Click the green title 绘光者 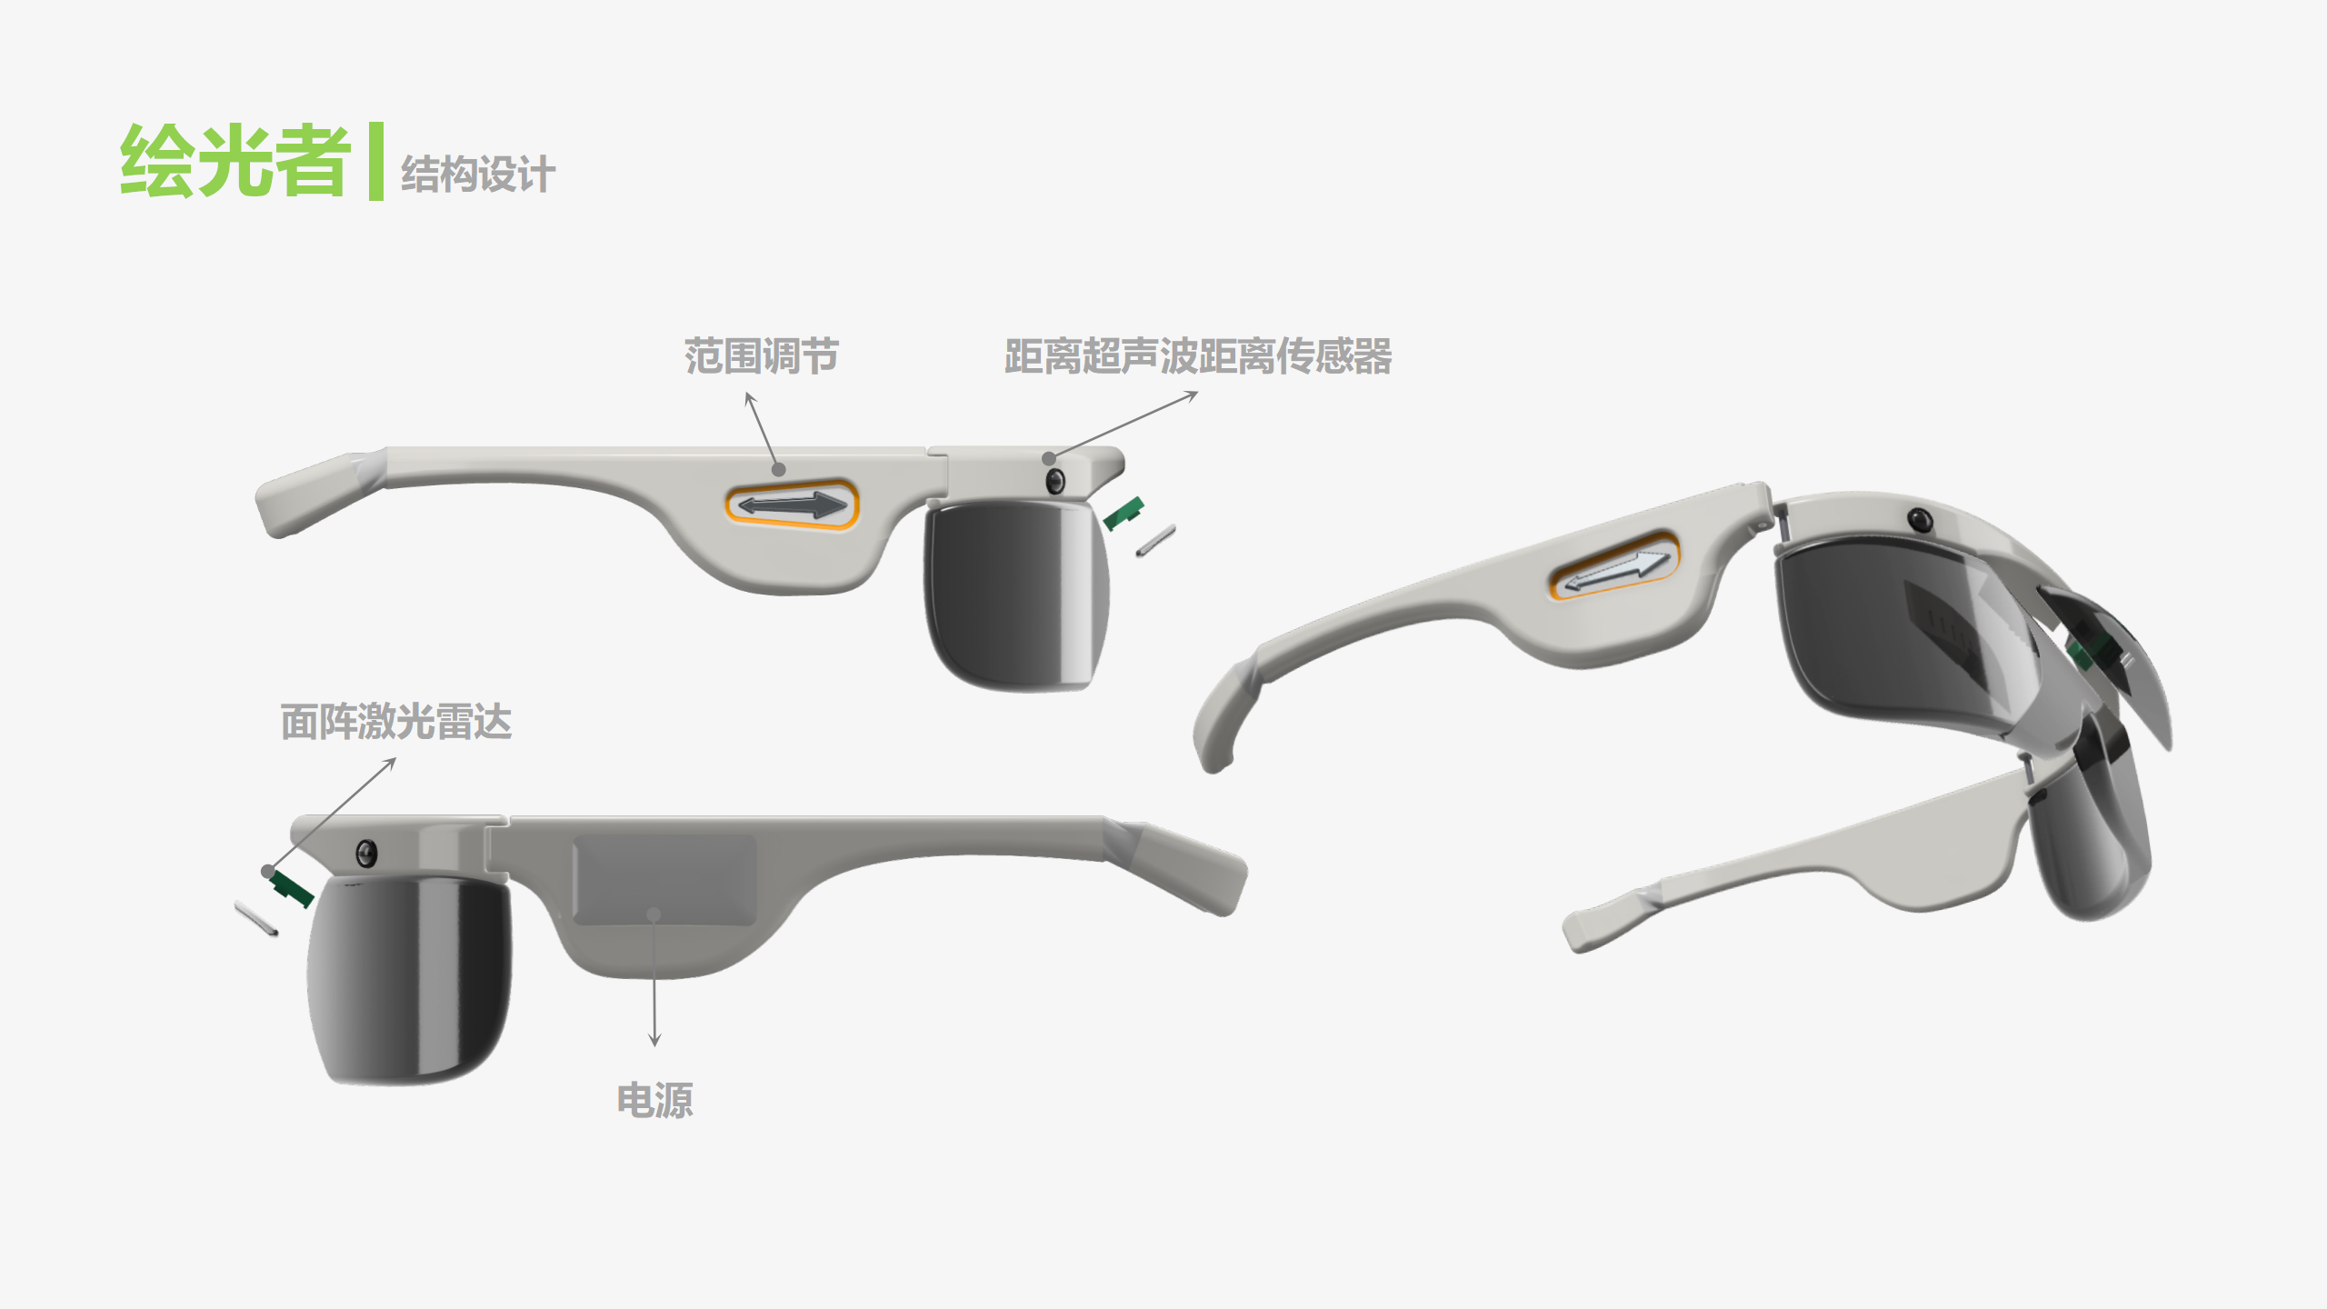click(235, 162)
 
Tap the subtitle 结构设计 click(477, 174)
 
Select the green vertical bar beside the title click(375, 161)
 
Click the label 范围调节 click(761, 355)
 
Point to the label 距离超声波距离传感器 click(1197, 355)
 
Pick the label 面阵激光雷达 click(395, 722)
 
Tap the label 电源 click(654, 1100)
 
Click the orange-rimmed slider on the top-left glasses click(792, 505)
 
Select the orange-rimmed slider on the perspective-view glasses click(1614, 566)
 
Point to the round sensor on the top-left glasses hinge click(1055, 480)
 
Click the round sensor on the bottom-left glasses click(366, 854)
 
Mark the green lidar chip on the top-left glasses click(1124, 514)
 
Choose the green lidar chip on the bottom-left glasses click(293, 887)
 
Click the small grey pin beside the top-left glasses click(1155, 541)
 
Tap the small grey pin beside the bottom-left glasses click(256, 918)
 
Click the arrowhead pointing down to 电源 click(654, 1041)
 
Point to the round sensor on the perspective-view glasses click(1920, 519)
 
